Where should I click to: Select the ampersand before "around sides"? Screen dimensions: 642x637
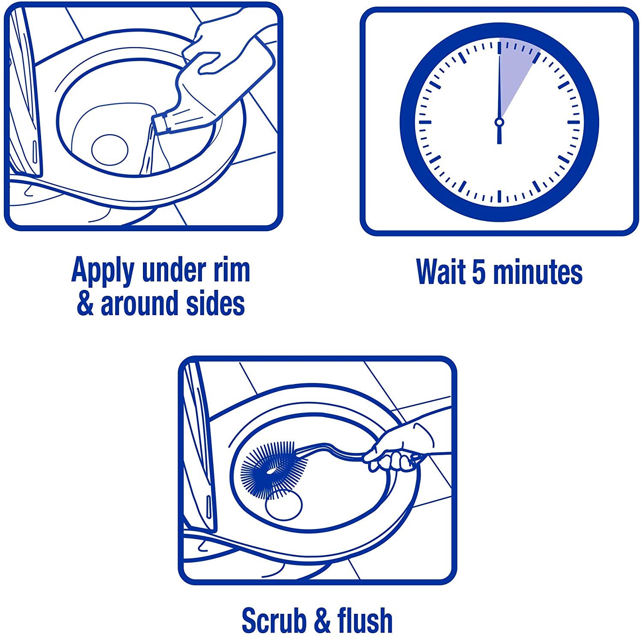click(85, 303)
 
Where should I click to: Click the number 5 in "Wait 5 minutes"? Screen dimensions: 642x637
click(479, 271)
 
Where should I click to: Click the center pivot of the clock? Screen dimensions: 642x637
click(499, 122)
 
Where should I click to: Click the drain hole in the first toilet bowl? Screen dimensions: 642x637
click(110, 149)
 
